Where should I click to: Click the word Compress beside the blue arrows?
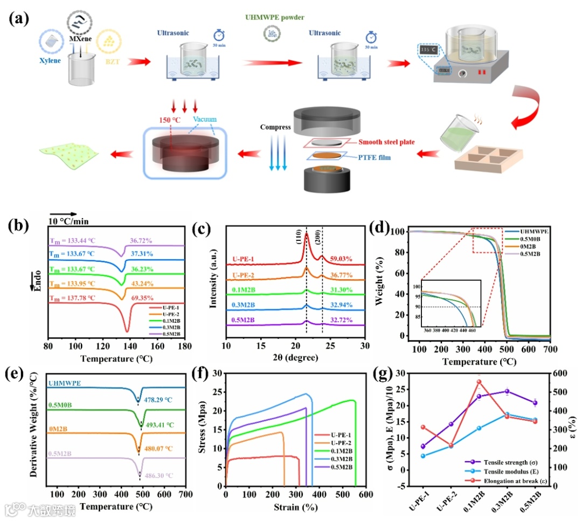[275, 128]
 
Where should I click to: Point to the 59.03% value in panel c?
[341, 259]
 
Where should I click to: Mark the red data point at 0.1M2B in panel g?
[479, 382]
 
